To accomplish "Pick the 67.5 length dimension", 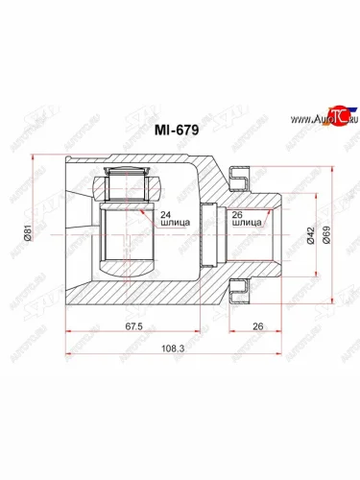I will coord(133,326).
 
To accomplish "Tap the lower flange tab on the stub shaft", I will coord(239,285).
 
